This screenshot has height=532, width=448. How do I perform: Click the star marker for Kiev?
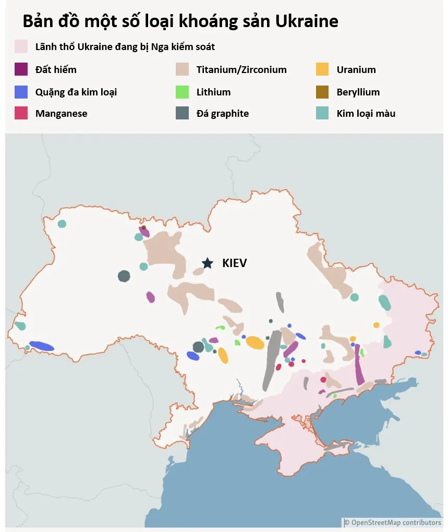pos(208,263)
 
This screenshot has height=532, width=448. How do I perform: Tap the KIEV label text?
pos(234,263)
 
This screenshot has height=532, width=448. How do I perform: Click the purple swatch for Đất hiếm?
pos(21,69)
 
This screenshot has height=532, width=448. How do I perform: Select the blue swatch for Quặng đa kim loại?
pos(21,92)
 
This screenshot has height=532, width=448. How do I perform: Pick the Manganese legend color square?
pos(21,113)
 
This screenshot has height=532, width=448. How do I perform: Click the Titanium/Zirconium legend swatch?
pos(182,69)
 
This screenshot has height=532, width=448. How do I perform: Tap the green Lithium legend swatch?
pos(182,92)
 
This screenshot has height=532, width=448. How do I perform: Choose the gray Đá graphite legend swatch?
pos(182,113)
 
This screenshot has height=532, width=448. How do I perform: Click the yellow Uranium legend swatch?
pos(322,69)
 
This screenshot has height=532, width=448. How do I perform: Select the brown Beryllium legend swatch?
pos(322,92)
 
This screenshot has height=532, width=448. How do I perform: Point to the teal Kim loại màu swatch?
pos(322,113)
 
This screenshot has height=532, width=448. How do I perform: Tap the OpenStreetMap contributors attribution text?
pos(396,523)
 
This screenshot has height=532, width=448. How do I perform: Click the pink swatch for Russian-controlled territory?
pos(21,47)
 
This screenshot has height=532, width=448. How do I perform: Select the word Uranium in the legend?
pos(356,69)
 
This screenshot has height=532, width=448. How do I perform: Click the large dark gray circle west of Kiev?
pos(124,276)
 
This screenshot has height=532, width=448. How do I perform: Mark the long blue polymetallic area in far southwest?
pos(42,346)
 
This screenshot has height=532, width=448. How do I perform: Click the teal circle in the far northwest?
pos(62,224)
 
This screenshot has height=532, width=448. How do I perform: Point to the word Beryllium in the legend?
pos(358,92)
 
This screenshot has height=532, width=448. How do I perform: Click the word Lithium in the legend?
pos(213,92)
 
